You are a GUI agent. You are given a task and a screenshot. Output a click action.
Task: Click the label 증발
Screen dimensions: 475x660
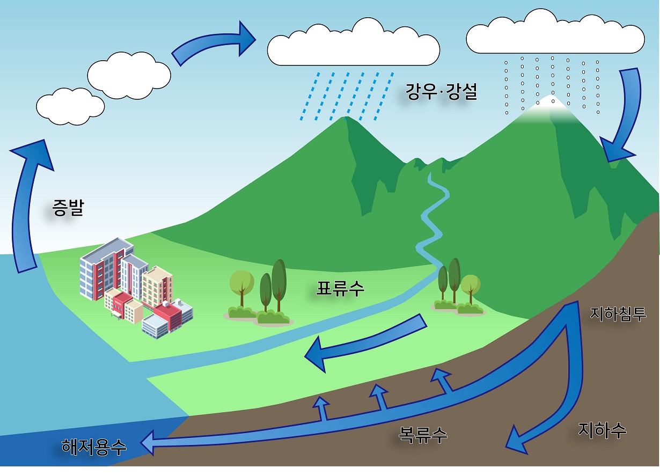68,208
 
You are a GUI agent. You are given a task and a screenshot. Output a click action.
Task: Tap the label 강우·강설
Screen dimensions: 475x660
441,93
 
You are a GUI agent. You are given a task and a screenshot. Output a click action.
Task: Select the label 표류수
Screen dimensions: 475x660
340,288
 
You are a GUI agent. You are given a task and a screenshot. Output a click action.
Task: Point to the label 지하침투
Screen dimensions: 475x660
618,313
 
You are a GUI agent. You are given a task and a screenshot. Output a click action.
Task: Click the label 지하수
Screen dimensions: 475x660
602,430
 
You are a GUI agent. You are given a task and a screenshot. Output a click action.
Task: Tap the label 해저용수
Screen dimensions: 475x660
94,446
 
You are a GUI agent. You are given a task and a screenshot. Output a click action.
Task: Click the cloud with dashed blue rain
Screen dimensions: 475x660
353,46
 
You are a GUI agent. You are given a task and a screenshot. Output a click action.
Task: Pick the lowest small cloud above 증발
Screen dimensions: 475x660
70,107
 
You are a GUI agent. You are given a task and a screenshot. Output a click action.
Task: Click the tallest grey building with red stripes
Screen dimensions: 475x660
102,268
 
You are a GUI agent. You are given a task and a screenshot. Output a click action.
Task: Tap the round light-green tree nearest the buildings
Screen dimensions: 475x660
241,282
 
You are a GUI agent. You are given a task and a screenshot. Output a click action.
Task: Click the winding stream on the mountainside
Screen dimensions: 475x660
432,215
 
